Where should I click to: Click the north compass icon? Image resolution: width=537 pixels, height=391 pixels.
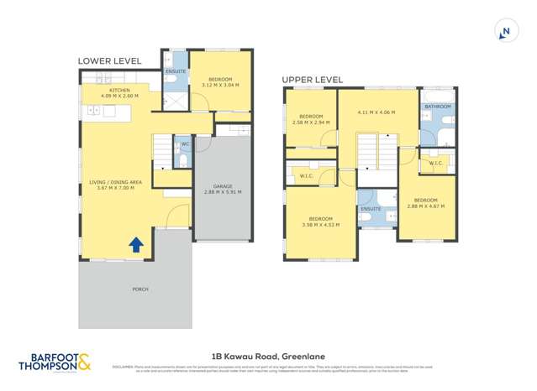[505, 32]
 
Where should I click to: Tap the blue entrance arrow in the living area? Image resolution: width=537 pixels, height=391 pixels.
[134, 244]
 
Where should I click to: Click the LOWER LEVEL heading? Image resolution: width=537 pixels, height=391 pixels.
[109, 61]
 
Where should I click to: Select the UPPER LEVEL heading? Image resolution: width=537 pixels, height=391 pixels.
[312, 80]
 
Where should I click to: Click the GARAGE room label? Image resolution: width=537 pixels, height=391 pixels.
[224, 185]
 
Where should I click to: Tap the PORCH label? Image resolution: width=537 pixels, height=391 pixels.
[140, 289]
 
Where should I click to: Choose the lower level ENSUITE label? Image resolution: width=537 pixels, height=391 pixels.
[176, 71]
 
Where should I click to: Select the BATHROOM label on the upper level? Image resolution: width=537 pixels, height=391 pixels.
[438, 107]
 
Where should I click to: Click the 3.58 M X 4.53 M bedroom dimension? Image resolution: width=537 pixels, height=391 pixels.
[320, 224]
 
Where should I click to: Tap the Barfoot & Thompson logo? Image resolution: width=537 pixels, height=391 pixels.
[55, 363]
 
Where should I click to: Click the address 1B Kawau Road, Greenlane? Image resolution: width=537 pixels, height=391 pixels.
[268, 355]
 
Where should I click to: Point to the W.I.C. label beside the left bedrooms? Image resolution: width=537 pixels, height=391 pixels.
[307, 175]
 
